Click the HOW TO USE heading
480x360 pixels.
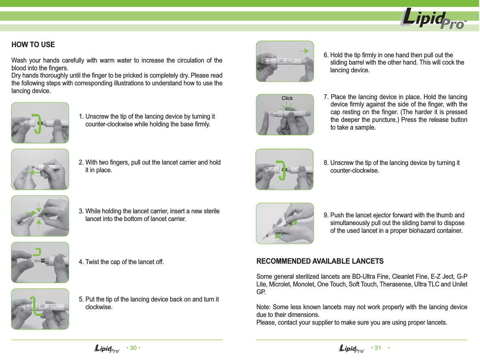[33, 45]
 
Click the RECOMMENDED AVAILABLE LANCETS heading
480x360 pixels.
[320, 261]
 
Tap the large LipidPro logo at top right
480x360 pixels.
[433, 20]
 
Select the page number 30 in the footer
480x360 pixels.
[133, 348]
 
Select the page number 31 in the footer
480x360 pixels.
[378, 348]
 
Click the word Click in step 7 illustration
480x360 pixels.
[287, 98]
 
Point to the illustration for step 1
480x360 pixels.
[40, 123]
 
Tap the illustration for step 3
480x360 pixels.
[40, 216]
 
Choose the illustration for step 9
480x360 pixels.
[285, 223]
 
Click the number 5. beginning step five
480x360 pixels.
[81, 299]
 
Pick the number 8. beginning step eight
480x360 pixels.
[326, 163]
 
